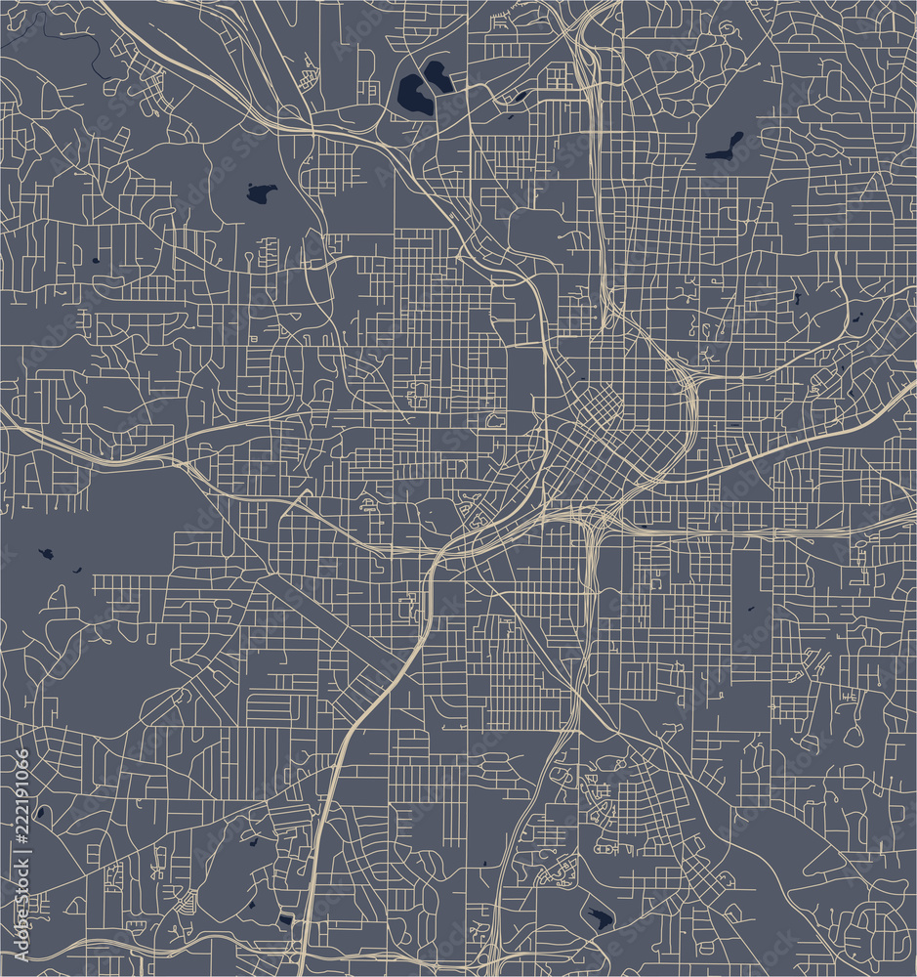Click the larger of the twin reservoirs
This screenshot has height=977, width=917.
(416, 95)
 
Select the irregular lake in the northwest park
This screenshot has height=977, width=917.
(260, 192)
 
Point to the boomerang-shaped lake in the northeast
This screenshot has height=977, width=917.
(726, 147)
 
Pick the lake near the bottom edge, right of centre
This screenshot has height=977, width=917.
(598, 918)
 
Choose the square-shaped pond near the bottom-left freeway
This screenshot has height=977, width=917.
(284, 919)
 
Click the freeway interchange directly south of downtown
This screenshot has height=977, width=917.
(590, 523)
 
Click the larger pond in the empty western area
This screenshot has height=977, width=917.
(45, 554)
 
